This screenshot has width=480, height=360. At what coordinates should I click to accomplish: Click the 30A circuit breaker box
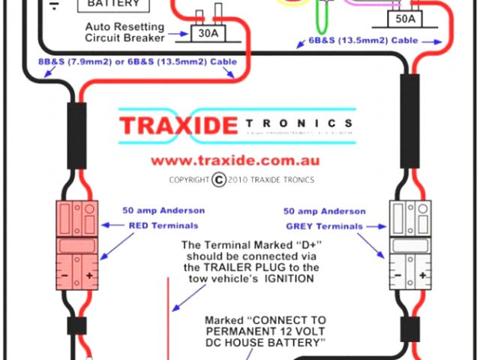pos(205,34)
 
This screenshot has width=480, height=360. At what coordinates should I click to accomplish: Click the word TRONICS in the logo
pos(297,123)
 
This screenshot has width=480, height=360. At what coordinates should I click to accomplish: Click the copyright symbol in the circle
pos(218,179)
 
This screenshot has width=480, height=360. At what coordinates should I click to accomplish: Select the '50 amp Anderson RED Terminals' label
pos(163,217)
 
